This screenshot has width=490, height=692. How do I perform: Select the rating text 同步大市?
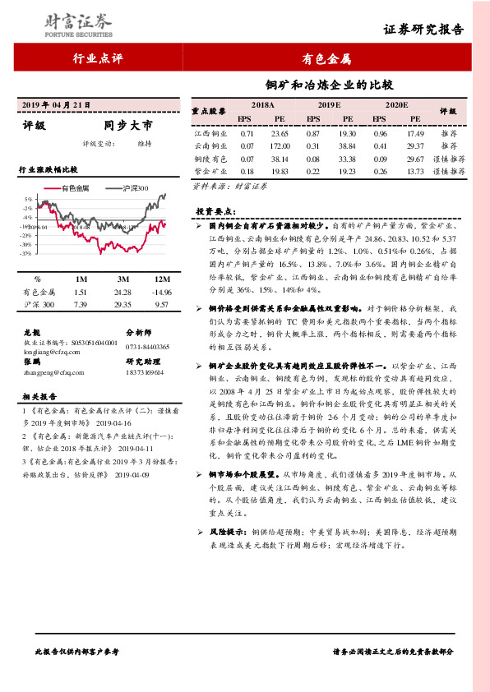coord(128,127)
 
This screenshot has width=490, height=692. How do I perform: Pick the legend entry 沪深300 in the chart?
coord(133,188)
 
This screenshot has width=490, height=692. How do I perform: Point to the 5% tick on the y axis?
coord(29,199)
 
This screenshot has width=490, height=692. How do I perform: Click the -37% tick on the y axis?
coord(28,253)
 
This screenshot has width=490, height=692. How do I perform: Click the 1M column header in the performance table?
coord(81,279)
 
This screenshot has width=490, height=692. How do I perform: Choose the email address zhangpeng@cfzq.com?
coord(49,372)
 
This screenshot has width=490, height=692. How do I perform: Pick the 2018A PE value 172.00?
coord(280,145)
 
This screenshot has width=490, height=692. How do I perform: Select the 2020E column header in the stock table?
coord(396,106)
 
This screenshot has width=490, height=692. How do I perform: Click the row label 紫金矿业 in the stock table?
coord(210,171)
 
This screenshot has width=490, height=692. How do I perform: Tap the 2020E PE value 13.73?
coord(415,171)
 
